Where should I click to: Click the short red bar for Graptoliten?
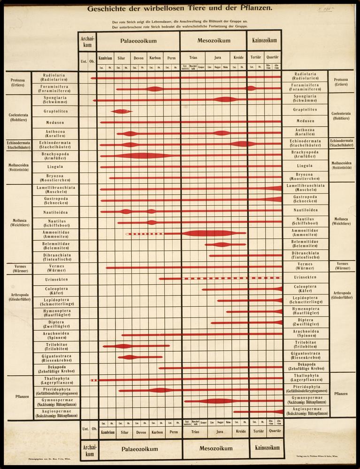122,111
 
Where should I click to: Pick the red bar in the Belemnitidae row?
225,244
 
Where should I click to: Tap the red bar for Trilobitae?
136,346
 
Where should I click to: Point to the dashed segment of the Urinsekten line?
216,279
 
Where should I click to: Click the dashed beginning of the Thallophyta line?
93,380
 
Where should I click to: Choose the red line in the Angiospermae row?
258,412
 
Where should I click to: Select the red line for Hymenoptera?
253,311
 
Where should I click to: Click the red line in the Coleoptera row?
242,289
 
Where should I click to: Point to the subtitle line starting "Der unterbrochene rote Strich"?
180,27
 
